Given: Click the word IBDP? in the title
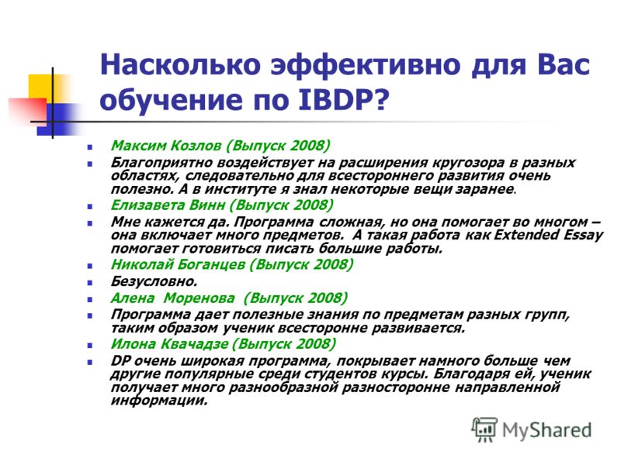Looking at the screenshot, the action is click(343, 99).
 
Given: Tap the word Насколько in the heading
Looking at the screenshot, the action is click(180, 64).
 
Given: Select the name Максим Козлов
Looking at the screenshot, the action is click(166, 146).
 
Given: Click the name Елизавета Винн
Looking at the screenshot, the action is click(168, 205).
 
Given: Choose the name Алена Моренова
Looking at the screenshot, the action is click(172, 298).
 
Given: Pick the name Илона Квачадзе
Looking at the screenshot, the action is click(169, 343).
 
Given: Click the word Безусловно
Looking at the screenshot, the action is click(154, 281).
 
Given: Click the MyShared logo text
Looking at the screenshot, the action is click(547, 430).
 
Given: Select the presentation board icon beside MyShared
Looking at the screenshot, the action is click(484, 429).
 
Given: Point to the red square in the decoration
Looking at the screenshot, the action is click(28, 111).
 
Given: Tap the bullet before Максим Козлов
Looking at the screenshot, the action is click(90, 147).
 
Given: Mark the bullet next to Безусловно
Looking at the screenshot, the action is click(90, 283).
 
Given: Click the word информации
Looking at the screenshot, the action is click(159, 400).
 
